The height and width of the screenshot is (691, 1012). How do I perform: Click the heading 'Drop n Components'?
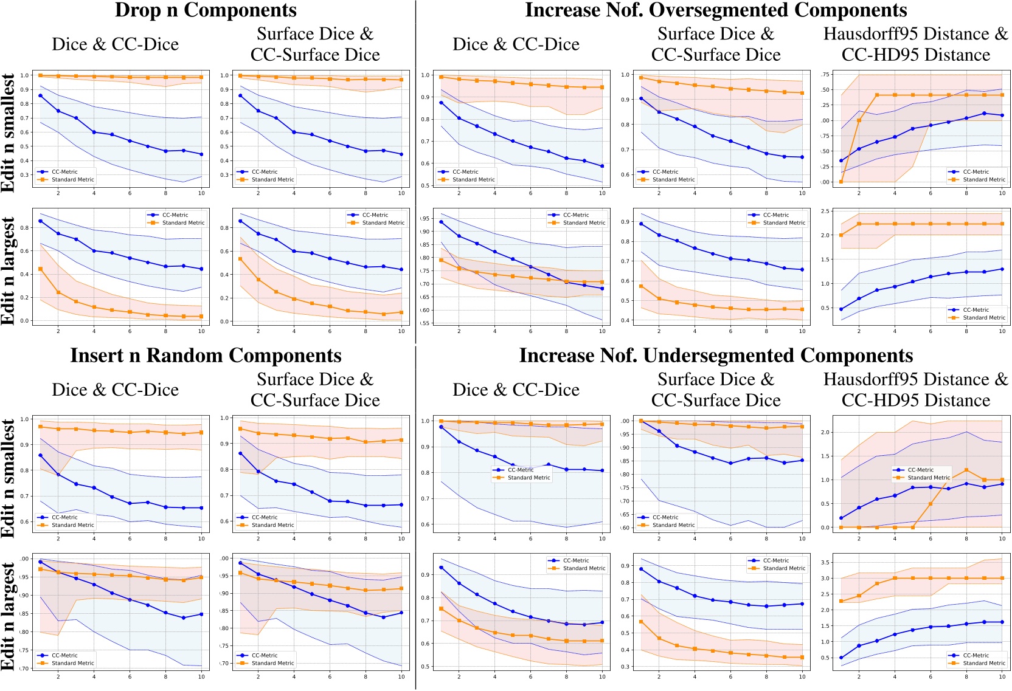(206, 10)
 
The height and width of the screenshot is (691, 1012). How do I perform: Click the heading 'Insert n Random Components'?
(206, 356)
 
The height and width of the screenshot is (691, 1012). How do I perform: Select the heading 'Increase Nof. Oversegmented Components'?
(715, 10)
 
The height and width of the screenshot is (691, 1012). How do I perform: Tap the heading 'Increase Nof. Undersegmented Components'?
(715, 356)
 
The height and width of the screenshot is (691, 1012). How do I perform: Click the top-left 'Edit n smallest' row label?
(9, 132)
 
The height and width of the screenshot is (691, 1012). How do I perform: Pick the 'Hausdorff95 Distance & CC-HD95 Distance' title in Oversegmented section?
(915, 44)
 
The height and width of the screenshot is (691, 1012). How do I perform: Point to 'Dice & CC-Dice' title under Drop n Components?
(115, 44)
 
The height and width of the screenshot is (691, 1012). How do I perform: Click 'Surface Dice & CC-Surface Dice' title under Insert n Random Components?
(315, 390)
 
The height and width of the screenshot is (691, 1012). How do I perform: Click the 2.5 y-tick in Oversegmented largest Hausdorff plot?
(825, 211)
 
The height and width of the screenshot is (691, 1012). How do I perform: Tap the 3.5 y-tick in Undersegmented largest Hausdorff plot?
(825, 563)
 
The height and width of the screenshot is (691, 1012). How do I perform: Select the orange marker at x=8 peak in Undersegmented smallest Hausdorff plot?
(966, 470)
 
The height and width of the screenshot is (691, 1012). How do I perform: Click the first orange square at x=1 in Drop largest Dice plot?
(40, 269)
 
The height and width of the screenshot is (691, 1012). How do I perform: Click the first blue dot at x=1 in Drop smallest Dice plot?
(40, 95)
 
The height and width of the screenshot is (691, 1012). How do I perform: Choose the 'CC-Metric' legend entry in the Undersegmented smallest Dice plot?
(521, 470)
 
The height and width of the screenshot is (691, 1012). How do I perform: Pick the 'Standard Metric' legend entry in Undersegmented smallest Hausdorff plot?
(929, 478)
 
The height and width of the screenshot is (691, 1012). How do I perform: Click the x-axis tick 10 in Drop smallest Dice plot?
(201, 193)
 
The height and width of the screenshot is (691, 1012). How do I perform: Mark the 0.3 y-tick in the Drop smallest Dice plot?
(25, 175)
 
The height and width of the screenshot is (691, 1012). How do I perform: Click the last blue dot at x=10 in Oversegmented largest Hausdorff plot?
(1002, 269)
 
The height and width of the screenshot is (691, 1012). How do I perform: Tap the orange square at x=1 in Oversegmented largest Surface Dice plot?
(641, 286)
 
